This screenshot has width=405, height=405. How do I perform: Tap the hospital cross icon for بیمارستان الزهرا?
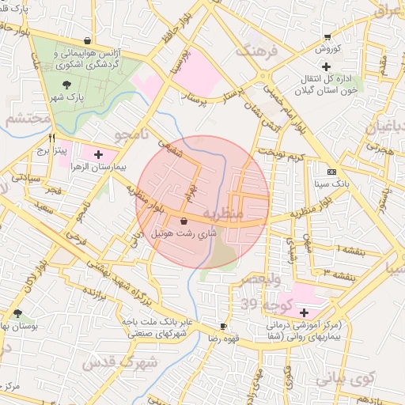pos(99,153)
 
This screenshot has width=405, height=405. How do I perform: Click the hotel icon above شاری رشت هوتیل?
pos(184,221)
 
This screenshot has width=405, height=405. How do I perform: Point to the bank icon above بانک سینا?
pos(331,172)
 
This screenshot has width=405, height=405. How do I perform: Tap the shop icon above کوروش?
pos(327,36)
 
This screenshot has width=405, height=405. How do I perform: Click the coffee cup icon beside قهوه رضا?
pos(224,326)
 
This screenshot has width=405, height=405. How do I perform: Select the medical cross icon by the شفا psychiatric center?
pos(304,312)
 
